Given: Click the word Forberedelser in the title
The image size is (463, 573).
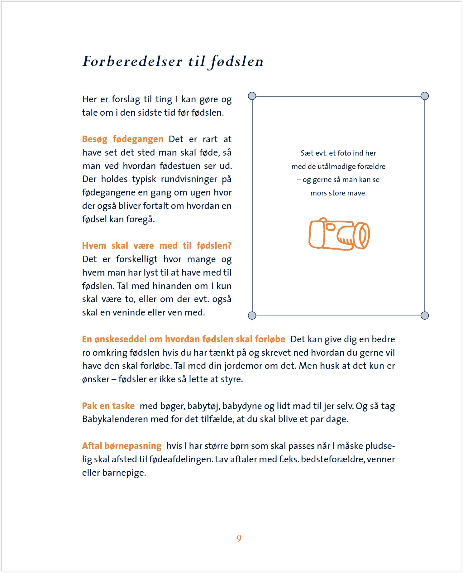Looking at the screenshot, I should coord(132,61).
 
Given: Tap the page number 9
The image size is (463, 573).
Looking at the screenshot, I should coord(239,538).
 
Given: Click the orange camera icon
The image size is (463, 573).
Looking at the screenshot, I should coord(339,234).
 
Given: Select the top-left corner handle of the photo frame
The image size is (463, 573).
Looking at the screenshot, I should coord(252,96).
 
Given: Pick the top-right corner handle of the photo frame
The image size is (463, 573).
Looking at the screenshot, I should coord(425,96).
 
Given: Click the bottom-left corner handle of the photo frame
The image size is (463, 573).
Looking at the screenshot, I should coord(252,315).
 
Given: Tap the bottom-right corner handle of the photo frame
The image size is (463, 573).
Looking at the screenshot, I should coord(425,315).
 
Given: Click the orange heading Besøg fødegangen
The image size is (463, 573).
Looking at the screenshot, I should coord(122,139).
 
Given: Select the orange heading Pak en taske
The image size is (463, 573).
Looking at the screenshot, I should coord(108,406).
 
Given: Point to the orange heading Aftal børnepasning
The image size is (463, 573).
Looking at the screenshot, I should coord(122,446).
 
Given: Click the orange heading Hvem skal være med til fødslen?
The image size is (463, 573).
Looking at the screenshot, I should coord(157,246).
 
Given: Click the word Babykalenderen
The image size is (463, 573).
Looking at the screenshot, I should coord(115,419).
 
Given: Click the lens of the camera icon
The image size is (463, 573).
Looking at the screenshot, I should coord(363,235).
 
